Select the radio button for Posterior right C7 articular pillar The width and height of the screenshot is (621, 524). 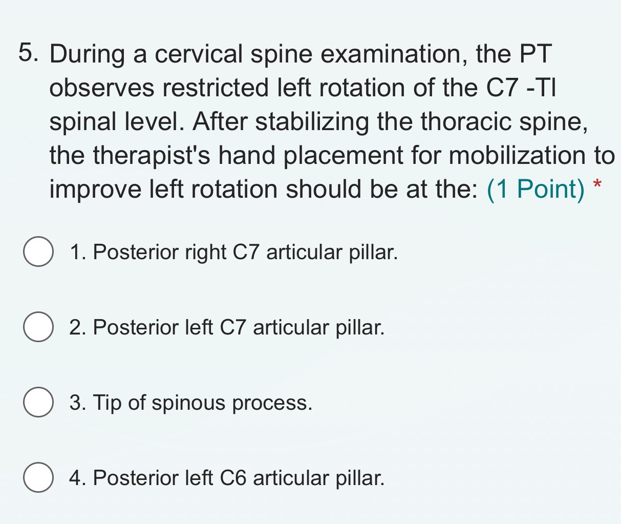click(38, 252)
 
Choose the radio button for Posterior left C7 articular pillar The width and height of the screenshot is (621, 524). click(38, 327)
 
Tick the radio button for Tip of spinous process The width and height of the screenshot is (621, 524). click(38, 403)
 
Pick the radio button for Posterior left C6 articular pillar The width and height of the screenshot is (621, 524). click(38, 477)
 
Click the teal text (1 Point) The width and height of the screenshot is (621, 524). click(536, 190)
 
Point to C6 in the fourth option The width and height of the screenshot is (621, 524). click(233, 478)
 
